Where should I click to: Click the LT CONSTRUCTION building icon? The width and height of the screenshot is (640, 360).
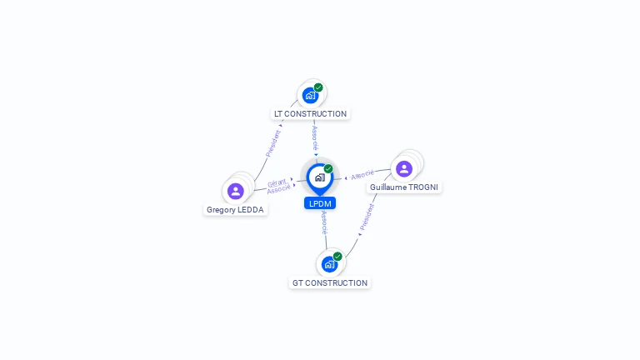coord(310,95)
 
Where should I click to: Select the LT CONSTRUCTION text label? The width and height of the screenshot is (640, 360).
coord(310,114)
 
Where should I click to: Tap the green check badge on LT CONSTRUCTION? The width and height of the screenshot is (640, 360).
coord(318,87)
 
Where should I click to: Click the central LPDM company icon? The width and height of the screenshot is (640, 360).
coord(319,177)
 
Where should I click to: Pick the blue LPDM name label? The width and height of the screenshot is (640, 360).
coord(320,203)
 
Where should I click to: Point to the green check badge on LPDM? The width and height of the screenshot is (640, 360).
coord(328,169)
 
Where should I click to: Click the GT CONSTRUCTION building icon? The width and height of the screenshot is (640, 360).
coord(329,264)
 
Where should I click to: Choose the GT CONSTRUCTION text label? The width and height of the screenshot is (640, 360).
coord(330,283)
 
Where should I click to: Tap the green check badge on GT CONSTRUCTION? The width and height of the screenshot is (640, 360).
coord(337,257)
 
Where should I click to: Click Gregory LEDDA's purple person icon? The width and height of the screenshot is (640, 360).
coord(236,191)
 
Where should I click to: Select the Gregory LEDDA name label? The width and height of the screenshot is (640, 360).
coord(236,210)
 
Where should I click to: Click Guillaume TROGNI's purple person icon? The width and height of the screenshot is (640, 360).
coord(404,168)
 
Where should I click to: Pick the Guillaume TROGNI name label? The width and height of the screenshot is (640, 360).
coord(404,187)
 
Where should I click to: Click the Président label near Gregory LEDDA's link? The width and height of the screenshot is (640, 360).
coord(272,143)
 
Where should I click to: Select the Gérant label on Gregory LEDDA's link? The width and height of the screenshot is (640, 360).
coord(277,182)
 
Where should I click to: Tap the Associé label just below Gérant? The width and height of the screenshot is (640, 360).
coord(278,190)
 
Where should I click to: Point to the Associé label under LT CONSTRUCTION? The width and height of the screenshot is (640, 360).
coord(315,138)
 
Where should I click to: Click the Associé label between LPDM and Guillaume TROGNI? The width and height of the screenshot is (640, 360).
coord(362,175)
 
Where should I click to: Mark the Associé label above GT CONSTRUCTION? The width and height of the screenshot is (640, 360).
coord(324,223)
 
